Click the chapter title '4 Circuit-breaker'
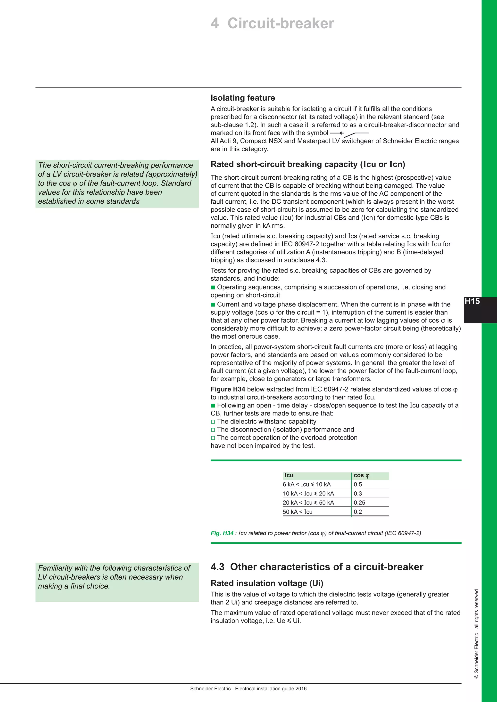coord(272,24)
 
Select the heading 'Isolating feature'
coord(243,98)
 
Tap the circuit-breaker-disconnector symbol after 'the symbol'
coord(349,134)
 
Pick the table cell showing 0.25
coord(359,502)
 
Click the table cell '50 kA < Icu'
coord(298,511)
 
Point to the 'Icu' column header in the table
coord(289,475)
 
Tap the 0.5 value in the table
coord(358,484)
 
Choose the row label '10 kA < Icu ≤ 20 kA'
coord(308,493)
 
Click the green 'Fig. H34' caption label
coord(222,533)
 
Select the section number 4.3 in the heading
coord(217,566)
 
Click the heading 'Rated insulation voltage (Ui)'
coord(267,583)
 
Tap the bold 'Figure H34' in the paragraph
coord(228,389)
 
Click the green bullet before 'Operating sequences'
coord(213,287)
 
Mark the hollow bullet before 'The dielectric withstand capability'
coord(213,422)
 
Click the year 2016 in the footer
coord(301,689)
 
